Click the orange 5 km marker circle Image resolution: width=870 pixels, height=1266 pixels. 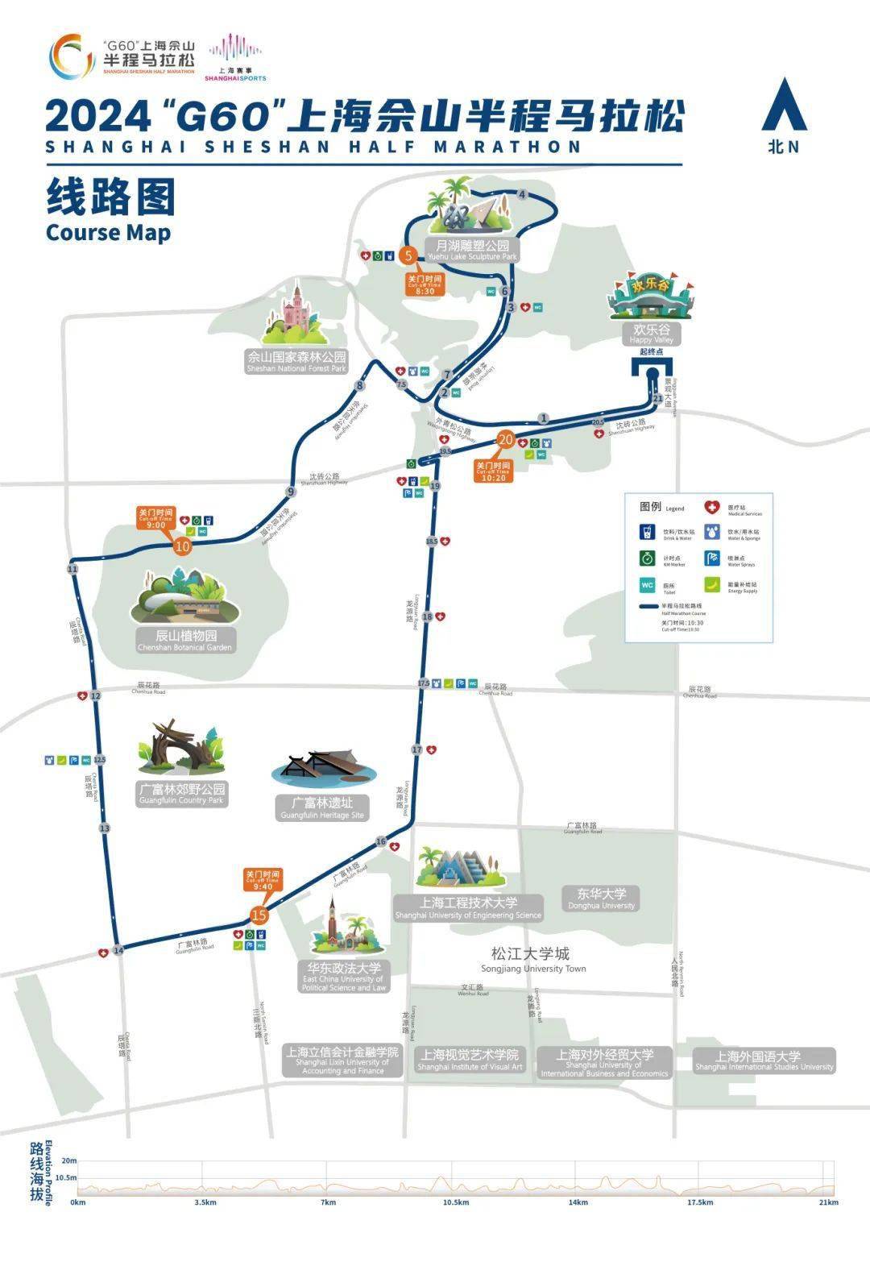pos(408,256)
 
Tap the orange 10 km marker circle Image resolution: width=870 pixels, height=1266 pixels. pos(183,546)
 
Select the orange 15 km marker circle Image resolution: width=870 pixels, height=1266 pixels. pos(259,915)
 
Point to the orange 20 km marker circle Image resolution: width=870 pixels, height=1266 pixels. pos(506,440)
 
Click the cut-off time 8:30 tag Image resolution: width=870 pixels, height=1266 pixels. pos(425,284)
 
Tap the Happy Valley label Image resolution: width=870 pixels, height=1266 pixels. pos(652,334)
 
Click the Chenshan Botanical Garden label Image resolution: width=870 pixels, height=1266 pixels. pos(185,640)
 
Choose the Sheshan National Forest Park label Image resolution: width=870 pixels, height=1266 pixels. pos(296,361)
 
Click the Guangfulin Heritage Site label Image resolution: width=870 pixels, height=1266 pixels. pos(322,808)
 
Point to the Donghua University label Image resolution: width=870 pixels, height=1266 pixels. pos(602,899)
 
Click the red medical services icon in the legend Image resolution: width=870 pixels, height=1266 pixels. pos(711,508)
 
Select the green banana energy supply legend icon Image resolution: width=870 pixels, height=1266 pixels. pos(711,584)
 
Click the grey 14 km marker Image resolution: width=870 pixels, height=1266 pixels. pos(118,951)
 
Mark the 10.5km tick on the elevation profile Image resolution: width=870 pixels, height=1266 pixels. pos(455,1202)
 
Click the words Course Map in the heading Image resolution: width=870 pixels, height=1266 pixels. pos(108,233)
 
